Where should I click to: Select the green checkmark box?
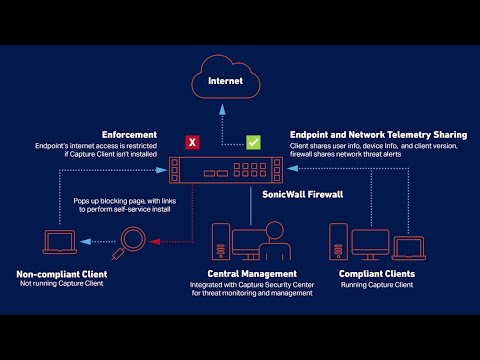click(254, 143)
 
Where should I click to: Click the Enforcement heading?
click(130, 134)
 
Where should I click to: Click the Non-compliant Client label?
click(62, 274)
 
